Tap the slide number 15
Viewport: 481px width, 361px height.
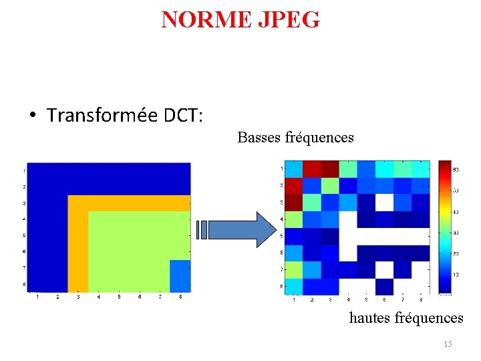(448, 344)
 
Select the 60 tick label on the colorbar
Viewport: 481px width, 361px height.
(456, 170)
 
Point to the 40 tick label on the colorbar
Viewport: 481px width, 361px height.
(456, 212)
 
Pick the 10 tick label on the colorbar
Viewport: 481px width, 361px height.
(456, 275)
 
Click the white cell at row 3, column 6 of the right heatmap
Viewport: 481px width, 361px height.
(384, 202)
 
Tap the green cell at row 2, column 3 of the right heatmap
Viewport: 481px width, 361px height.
(330, 185)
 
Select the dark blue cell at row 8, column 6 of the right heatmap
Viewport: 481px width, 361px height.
(384, 286)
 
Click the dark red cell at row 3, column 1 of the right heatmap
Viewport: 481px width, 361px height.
(294, 202)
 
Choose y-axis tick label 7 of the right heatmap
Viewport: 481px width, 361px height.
(281, 269)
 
